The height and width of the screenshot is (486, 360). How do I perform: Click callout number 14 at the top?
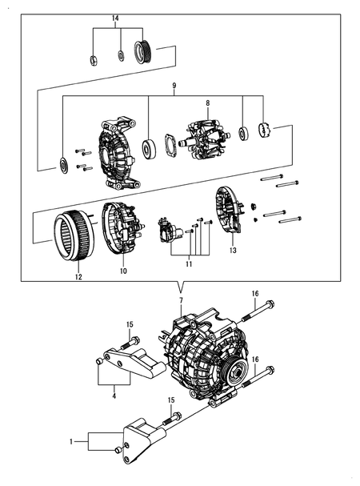(115, 18)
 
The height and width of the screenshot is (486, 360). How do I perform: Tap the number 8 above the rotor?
(207, 103)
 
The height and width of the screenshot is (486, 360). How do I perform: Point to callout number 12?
(78, 277)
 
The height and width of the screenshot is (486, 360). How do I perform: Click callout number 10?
(123, 271)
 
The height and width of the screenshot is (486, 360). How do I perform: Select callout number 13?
(234, 251)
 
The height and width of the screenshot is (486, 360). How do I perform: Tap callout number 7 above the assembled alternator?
(182, 299)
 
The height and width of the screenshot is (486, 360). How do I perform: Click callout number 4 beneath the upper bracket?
(114, 395)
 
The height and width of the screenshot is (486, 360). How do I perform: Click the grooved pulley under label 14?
(145, 53)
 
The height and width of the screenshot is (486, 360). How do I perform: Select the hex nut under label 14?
(94, 58)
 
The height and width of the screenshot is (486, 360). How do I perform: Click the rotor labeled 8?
(206, 139)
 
